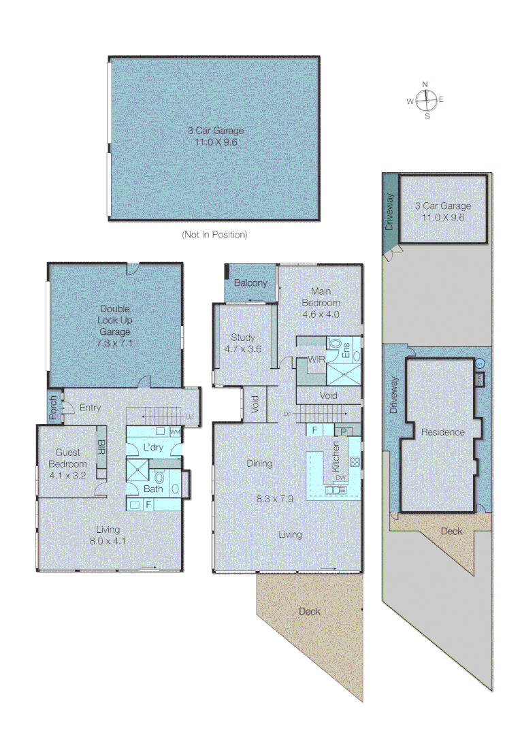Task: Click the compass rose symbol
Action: [x=425, y=100]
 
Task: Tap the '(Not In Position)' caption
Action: [x=214, y=234]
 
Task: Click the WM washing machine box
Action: [x=174, y=432]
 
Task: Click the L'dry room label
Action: [x=153, y=448]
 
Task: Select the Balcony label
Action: [x=250, y=282]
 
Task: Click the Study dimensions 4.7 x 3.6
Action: [x=243, y=349]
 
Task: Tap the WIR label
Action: [x=315, y=359]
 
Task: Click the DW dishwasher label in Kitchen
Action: [x=340, y=478]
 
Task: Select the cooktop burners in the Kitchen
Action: [x=355, y=462]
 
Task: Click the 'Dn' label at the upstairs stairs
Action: [x=289, y=414]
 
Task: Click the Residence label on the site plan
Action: [x=442, y=432]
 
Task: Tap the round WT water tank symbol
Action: [x=479, y=364]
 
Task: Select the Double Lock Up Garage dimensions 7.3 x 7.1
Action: [x=116, y=343]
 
